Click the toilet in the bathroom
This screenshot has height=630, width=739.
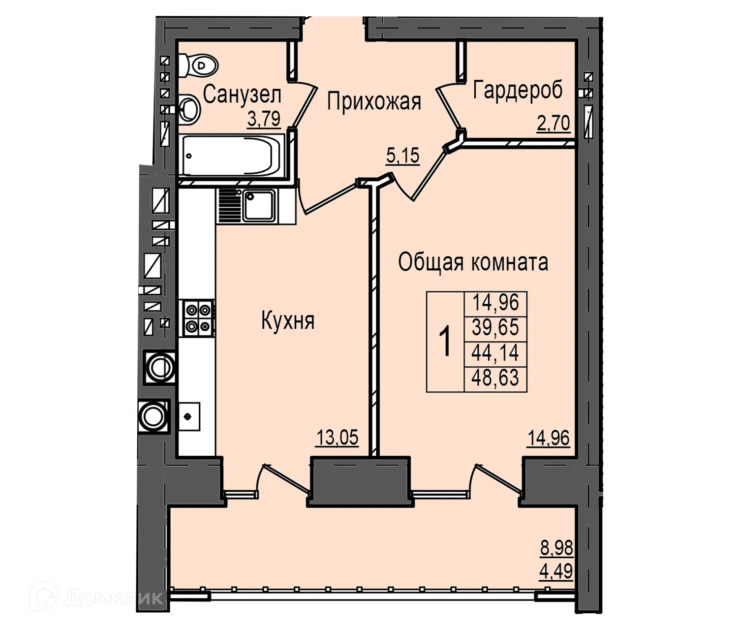pyautogui.click(x=199, y=66)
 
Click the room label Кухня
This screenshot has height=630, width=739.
pyautogui.click(x=288, y=321)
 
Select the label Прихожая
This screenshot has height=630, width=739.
pyautogui.click(x=374, y=102)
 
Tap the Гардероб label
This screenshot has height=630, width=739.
pyautogui.click(x=518, y=90)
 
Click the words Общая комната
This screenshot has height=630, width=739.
pyautogui.click(x=473, y=263)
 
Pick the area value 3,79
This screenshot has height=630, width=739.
pyautogui.click(x=264, y=119)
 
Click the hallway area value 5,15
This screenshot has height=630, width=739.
pyautogui.click(x=402, y=156)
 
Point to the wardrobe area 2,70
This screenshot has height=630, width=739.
pyautogui.click(x=553, y=124)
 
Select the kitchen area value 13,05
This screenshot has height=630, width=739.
pyautogui.click(x=337, y=437)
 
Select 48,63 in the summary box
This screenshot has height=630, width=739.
pyautogui.click(x=495, y=378)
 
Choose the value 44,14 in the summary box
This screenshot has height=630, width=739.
pyautogui.click(x=495, y=352)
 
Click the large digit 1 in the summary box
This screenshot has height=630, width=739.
pyautogui.click(x=445, y=341)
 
